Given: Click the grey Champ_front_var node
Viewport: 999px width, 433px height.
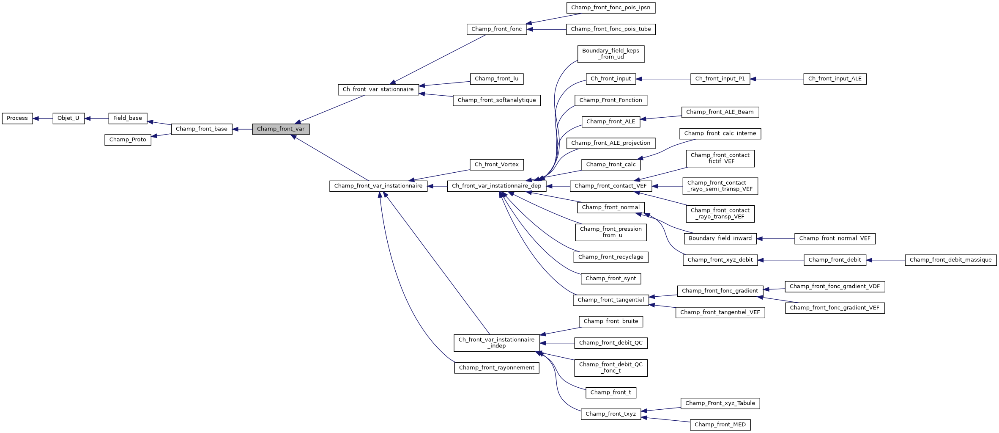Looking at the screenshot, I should click(x=281, y=129).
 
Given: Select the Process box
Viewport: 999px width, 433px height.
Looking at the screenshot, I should click(x=17, y=119).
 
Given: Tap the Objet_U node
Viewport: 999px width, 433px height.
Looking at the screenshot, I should click(x=68, y=119).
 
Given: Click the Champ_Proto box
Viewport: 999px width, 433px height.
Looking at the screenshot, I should click(x=128, y=140).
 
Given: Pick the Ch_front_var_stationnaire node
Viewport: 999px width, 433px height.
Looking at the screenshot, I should click(x=378, y=90).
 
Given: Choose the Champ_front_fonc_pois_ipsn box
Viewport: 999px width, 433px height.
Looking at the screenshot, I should click(x=610, y=8).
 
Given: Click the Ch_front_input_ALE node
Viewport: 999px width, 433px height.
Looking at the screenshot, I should click(x=835, y=79).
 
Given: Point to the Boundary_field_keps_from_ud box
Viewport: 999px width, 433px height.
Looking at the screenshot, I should click(x=610, y=54).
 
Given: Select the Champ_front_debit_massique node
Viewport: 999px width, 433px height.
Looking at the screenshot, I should click(x=950, y=260).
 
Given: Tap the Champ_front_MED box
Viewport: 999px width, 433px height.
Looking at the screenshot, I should click(x=720, y=425).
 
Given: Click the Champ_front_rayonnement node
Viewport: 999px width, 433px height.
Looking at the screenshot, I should click(x=496, y=368).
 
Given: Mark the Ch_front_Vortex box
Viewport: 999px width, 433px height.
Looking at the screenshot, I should click(x=496, y=165).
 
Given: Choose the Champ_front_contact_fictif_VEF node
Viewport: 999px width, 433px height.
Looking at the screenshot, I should click(x=720, y=158).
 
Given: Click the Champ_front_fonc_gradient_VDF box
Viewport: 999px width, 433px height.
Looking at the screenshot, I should click(x=835, y=287).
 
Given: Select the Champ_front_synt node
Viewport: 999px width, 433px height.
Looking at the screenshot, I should click(x=610, y=279).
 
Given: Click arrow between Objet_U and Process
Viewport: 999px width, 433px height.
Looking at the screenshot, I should click(x=43, y=119).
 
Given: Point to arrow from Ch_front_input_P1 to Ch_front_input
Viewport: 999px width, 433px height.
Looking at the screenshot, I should click(x=664, y=79).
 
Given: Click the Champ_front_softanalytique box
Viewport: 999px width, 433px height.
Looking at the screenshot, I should click(x=496, y=100).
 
